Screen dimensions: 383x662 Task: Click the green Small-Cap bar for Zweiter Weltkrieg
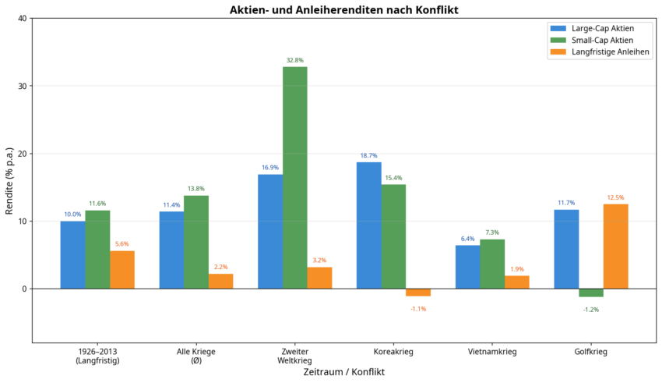[x=294, y=178]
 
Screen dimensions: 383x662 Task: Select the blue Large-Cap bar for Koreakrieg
[x=368, y=225]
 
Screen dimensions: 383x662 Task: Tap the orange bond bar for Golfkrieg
[x=615, y=246]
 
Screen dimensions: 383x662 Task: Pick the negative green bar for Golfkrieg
[x=590, y=293]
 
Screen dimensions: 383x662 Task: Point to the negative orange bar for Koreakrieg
[x=418, y=293]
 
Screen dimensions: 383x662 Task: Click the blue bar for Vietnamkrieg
[x=467, y=267]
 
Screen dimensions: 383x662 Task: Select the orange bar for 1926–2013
[x=122, y=270]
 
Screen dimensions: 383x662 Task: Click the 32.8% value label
[x=294, y=60]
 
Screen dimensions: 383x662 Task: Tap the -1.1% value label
[x=418, y=309]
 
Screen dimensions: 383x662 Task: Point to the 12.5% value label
[x=615, y=197]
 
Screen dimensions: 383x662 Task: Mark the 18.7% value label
[x=368, y=156]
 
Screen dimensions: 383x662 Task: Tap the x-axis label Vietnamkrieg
[x=491, y=352]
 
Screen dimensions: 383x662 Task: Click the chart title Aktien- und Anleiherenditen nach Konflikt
[x=343, y=9]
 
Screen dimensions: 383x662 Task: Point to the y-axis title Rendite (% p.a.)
[x=9, y=179]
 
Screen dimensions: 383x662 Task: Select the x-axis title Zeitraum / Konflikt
[x=343, y=372]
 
